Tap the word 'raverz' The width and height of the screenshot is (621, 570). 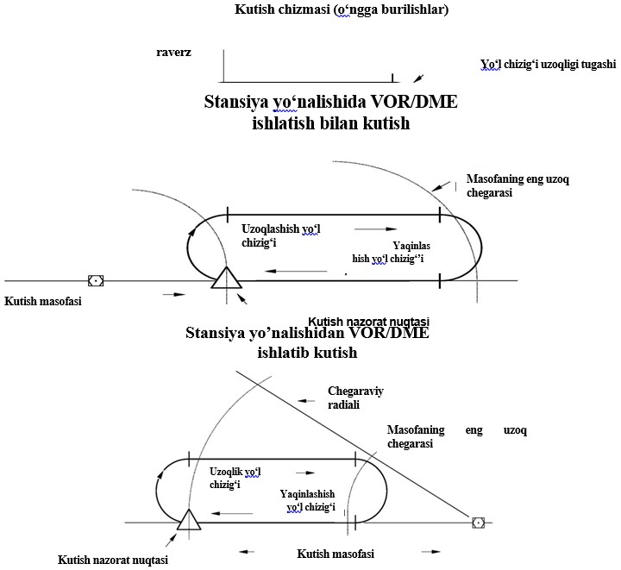173,52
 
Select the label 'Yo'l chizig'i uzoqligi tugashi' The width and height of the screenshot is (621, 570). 549,65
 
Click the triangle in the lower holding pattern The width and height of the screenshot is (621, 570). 188,518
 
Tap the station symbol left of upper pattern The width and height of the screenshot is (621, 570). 96,281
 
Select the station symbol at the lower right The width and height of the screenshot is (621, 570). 477,522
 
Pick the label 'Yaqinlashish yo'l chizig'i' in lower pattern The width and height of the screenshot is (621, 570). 308,500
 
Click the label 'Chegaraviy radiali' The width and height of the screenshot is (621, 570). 355,398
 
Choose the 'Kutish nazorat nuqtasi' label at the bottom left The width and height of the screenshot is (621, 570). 113,560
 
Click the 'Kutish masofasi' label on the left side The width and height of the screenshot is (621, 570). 40,301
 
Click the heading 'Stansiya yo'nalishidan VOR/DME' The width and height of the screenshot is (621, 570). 307,334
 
